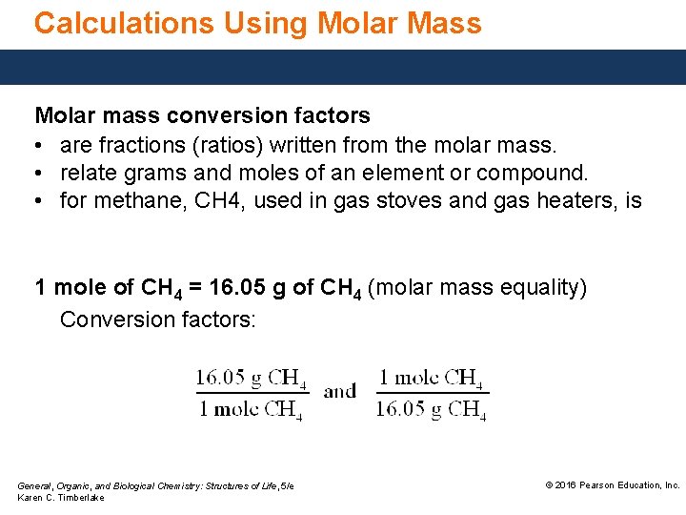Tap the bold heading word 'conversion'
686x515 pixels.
click(224, 116)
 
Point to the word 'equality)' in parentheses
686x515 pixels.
click(545, 287)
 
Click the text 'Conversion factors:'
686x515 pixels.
click(158, 319)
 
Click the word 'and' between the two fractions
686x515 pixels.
click(340, 391)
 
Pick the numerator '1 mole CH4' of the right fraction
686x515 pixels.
click(431, 378)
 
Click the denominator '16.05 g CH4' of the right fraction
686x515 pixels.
click(431, 409)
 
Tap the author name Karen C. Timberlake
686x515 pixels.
click(61, 498)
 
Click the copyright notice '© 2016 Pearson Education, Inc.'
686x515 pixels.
click(612, 485)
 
